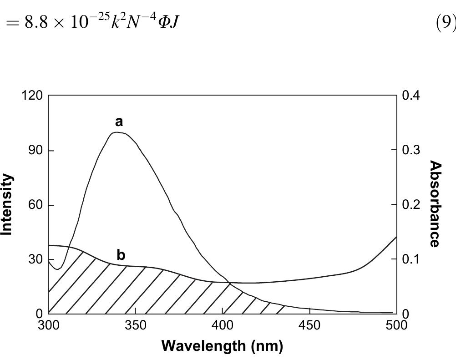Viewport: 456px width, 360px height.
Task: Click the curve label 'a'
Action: tap(119, 122)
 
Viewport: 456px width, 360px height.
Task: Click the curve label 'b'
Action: tap(121, 255)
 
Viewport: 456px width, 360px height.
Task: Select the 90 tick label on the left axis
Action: tap(35, 150)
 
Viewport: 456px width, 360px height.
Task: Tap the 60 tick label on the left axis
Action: tap(35, 205)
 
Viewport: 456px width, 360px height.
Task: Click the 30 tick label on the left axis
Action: tap(35, 259)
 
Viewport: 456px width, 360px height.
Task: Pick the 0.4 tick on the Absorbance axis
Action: tap(411, 96)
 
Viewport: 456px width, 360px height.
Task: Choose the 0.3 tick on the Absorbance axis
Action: tap(411, 150)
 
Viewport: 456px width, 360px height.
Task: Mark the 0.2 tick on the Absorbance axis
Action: tap(411, 205)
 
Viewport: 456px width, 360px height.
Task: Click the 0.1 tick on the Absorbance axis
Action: tap(411, 259)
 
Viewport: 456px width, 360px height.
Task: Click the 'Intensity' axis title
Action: tap(7, 204)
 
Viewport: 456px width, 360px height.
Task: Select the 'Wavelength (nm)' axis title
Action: tap(222, 346)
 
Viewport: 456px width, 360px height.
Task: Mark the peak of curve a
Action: tap(117, 132)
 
